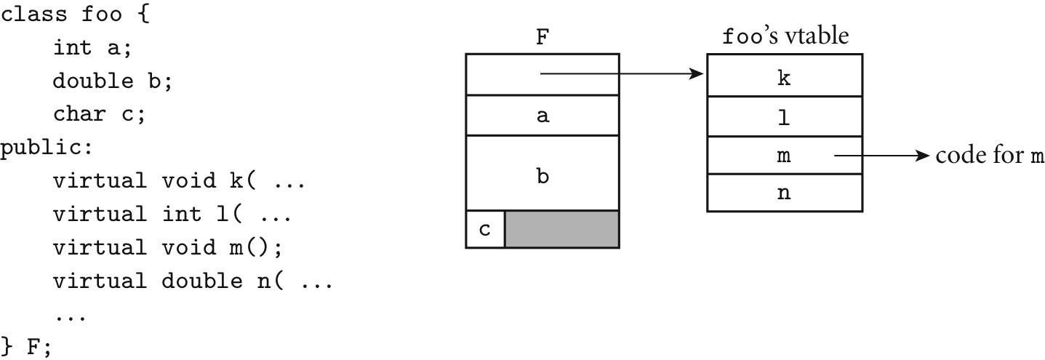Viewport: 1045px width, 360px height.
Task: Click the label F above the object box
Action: click(542, 39)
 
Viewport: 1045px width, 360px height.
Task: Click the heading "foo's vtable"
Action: click(785, 36)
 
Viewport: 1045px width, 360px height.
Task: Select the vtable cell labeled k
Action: click(785, 79)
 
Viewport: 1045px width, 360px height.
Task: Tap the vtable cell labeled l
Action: click(785, 116)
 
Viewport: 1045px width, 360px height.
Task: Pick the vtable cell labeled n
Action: click(785, 193)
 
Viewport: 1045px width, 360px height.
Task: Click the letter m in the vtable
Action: click(784, 156)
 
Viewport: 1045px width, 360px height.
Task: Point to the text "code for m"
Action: click(990, 156)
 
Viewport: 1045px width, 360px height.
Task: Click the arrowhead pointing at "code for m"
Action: click(924, 156)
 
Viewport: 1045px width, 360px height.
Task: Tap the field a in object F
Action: click(542, 115)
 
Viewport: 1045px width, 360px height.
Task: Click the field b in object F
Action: click(542, 175)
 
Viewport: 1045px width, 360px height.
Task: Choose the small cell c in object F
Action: click(485, 230)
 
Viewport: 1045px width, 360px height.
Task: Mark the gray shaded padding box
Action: click(561, 230)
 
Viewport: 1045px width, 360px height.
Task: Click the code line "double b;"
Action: click(112, 81)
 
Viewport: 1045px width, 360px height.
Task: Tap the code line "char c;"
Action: click(99, 115)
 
